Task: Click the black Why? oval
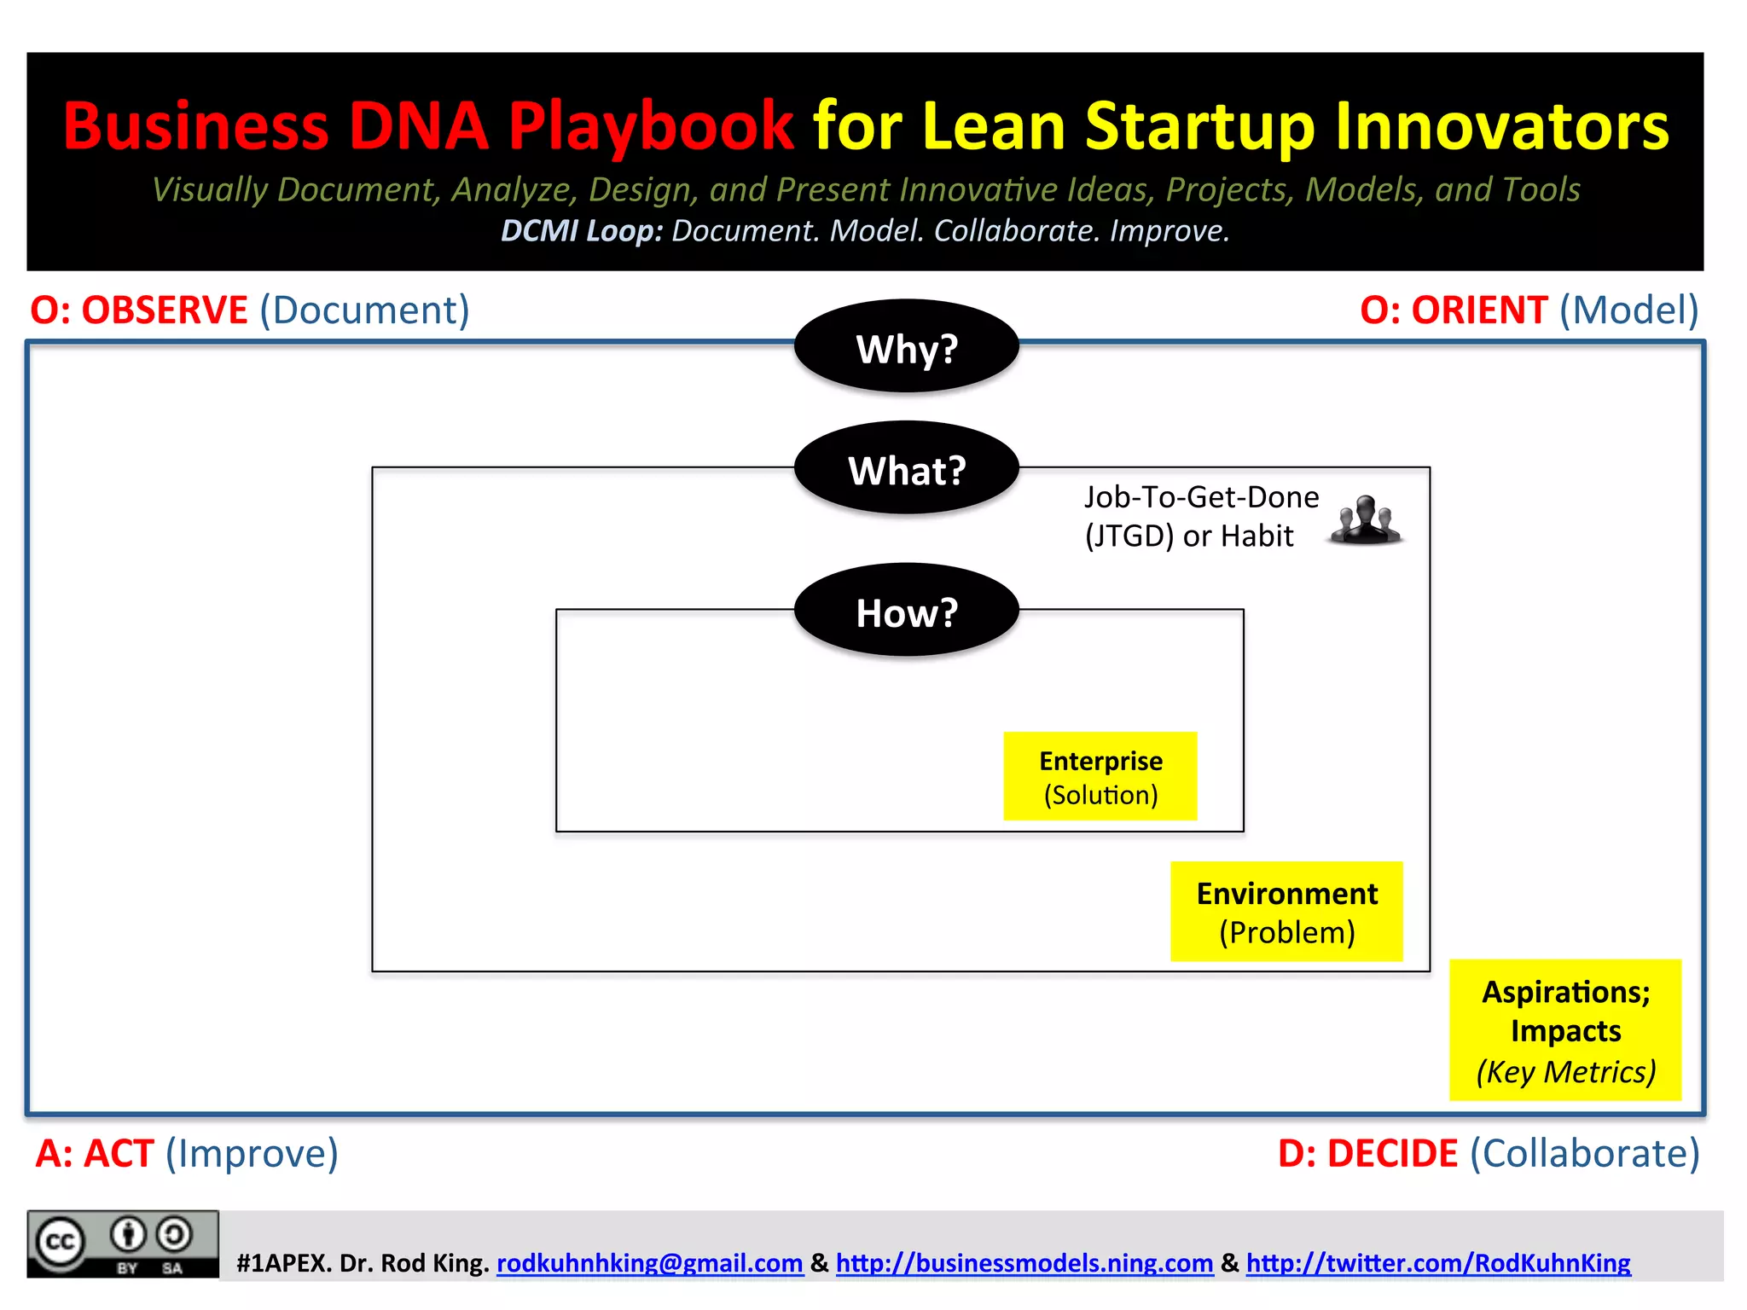pos(906,347)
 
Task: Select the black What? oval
pos(906,469)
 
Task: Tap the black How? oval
pos(906,611)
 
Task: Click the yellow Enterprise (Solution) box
pos(1100,776)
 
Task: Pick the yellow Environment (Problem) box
pos(1286,911)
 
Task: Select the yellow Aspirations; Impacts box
pos(1564,1029)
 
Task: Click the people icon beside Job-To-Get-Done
pos(1365,519)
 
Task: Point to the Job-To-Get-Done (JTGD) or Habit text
pos(1200,516)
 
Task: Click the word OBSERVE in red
pos(164,310)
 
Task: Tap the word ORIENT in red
pos(1478,310)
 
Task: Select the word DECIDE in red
pos(1392,1153)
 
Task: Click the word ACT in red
pos(119,1153)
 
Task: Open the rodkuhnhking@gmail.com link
pos(649,1262)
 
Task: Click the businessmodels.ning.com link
pos(1024,1262)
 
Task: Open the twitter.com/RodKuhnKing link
pos(1437,1262)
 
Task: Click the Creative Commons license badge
pos(122,1243)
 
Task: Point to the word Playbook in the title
pos(651,126)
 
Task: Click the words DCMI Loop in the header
pos(581,231)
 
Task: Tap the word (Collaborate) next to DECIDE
pos(1584,1153)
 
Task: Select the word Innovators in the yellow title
pos(1500,126)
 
